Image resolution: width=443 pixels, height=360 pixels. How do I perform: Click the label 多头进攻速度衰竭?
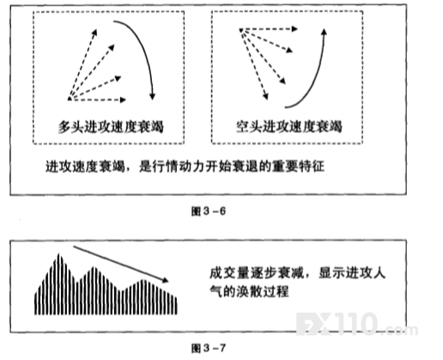click(x=111, y=126)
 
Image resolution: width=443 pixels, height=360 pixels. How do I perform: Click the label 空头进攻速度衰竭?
click(x=289, y=126)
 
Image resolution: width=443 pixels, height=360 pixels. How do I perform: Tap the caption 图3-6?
click(x=209, y=211)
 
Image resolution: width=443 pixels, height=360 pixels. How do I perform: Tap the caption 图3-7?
click(x=209, y=348)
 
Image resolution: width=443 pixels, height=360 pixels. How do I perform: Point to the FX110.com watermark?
click(x=357, y=325)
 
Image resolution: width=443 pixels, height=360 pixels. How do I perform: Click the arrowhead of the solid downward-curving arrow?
click(x=153, y=97)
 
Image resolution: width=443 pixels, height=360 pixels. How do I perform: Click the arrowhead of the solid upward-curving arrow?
click(x=324, y=32)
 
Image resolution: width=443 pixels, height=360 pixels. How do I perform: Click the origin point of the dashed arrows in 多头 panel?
click(x=70, y=99)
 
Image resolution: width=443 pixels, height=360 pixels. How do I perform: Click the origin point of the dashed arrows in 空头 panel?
click(x=241, y=29)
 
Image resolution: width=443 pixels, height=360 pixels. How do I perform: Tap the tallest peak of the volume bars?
click(x=59, y=254)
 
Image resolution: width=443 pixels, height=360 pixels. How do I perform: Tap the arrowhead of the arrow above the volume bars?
click(x=166, y=280)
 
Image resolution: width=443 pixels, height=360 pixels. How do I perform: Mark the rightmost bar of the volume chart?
click(x=176, y=306)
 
